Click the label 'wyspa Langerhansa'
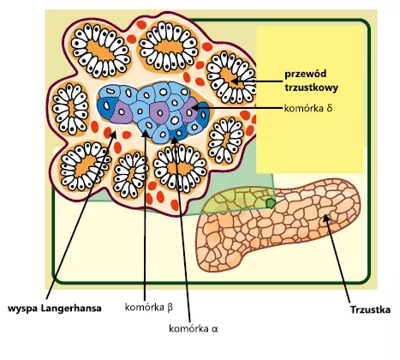coord(55,309)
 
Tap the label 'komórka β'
coord(149,308)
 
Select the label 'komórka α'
coord(194,328)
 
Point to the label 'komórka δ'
coord(308,108)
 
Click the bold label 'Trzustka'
coord(370,310)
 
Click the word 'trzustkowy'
coord(312,87)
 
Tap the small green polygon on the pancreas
coord(270,203)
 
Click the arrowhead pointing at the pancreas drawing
coord(325,218)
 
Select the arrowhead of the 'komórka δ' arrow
coord(194,108)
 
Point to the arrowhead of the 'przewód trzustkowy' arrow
coord(235,81)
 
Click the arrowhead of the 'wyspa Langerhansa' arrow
coord(113,135)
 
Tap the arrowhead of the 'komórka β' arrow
coord(145,133)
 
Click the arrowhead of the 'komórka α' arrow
coord(175,140)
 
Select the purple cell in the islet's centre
coord(159,112)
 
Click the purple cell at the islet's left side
coord(122,112)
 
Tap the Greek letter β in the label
coord(170,308)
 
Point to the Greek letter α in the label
coord(215,329)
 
